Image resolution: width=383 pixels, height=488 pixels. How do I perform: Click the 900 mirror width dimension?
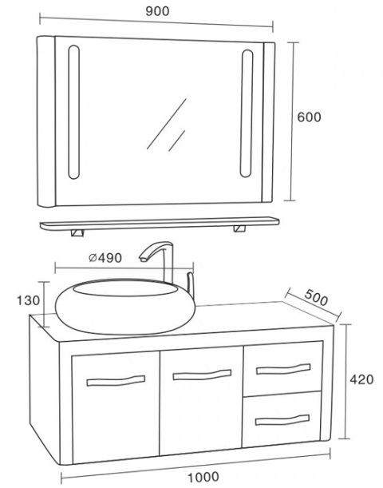pyautogui.click(x=158, y=11)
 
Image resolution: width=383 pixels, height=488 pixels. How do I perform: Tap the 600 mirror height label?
pyautogui.click(x=309, y=117)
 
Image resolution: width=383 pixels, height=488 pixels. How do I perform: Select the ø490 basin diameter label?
pyautogui.click(x=105, y=258)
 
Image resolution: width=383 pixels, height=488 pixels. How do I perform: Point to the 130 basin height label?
pyautogui.click(x=28, y=300)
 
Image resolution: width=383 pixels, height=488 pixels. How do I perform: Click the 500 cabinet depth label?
pyautogui.click(x=316, y=298)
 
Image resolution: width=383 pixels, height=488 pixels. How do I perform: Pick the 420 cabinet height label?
pyautogui.click(x=361, y=379)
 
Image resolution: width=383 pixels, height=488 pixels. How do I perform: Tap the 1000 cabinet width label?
pyautogui.click(x=203, y=477)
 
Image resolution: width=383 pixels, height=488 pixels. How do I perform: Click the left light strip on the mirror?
pyautogui.click(x=73, y=112)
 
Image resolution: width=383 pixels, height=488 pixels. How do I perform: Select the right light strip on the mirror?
pyautogui.click(x=247, y=113)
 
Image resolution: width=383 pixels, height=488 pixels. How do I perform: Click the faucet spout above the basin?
pyautogui.click(x=156, y=251)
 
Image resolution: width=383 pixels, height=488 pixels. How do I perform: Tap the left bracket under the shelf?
pyautogui.click(x=77, y=232)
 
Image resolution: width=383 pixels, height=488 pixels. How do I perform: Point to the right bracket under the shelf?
pyautogui.click(x=239, y=228)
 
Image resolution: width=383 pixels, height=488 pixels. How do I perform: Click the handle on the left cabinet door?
pyautogui.click(x=116, y=381)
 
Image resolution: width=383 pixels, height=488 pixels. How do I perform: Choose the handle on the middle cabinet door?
pyautogui.click(x=202, y=375)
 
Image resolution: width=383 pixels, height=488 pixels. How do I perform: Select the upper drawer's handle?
pyautogui.click(x=283, y=369)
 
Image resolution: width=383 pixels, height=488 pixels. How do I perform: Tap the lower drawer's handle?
pyautogui.click(x=282, y=420)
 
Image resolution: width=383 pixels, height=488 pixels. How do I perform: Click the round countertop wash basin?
pyautogui.click(x=125, y=307)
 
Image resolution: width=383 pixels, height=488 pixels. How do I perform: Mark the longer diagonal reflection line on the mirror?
pyautogui.click(x=167, y=124)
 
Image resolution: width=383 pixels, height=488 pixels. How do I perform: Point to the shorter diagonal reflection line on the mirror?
pyautogui.click(x=177, y=141)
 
